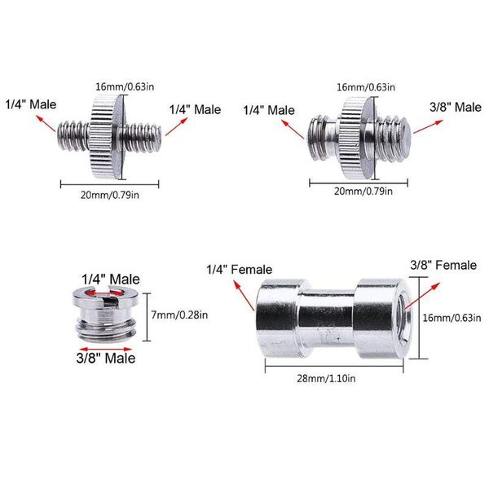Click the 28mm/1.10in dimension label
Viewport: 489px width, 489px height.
click(326, 379)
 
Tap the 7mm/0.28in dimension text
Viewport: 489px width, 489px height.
click(179, 315)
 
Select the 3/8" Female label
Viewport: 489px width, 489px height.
click(443, 266)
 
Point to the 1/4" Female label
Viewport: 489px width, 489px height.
click(239, 270)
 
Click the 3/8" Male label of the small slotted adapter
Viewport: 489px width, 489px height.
click(106, 358)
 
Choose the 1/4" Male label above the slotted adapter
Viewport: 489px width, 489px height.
click(111, 280)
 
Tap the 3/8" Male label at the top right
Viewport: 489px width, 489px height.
click(456, 108)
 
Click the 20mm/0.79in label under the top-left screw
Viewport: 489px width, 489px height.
click(110, 196)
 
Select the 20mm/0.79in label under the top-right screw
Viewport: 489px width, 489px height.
click(363, 192)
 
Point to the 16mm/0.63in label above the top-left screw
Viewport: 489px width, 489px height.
click(125, 86)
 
